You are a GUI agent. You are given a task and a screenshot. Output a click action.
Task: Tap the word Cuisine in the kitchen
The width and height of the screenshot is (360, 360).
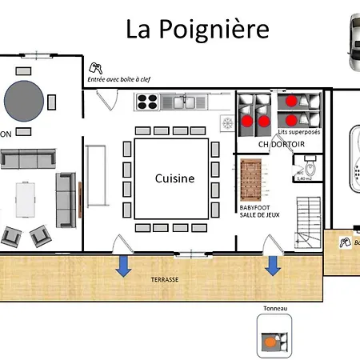pos(174,178)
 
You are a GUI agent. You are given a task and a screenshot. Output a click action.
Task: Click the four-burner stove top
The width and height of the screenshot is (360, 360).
pos(146,101)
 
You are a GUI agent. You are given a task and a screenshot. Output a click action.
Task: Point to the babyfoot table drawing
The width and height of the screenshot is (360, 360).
pos(251,180)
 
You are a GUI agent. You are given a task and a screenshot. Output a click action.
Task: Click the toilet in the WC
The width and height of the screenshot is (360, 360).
pos(312,169)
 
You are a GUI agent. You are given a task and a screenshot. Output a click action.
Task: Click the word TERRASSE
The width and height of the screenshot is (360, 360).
pos(165,281)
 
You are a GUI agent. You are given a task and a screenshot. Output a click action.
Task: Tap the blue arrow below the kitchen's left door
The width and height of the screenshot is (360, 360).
pos(123,266)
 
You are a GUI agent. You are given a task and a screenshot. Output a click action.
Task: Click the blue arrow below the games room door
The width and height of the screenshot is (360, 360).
pos(273,266)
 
